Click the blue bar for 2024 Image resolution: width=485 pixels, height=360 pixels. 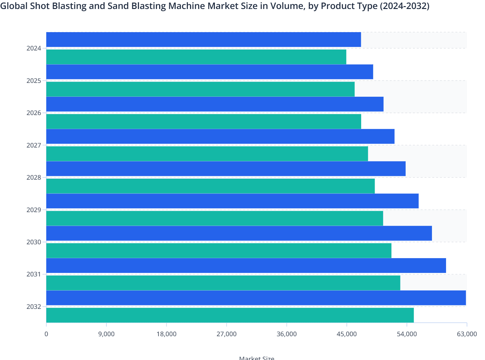[x=204, y=40]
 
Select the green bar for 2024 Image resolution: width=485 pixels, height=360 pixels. [x=196, y=57]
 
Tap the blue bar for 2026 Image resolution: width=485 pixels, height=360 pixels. [x=215, y=104]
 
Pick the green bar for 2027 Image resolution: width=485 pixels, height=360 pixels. [x=207, y=154]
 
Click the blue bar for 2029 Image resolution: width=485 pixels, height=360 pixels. [x=232, y=201]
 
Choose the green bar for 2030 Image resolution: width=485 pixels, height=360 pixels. [x=219, y=250]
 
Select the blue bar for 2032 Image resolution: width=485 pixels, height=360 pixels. [x=256, y=298]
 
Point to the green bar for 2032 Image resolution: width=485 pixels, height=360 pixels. [x=230, y=315]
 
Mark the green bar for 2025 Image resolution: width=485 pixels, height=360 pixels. [x=200, y=89]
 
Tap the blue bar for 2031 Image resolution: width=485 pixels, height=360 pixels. [x=246, y=265]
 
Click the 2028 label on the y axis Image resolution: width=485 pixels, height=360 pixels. [x=34, y=178]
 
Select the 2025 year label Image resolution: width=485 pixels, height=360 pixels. [x=34, y=81]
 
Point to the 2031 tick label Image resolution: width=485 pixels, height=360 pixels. [x=34, y=274]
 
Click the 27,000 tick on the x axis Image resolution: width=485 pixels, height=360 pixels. [x=226, y=334]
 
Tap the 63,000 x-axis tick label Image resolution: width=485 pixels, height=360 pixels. [x=467, y=334]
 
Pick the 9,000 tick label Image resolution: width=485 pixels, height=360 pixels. [x=106, y=334]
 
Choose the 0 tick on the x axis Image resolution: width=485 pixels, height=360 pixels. [x=46, y=334]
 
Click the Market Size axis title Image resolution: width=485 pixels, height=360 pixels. [x=257, y=358]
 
